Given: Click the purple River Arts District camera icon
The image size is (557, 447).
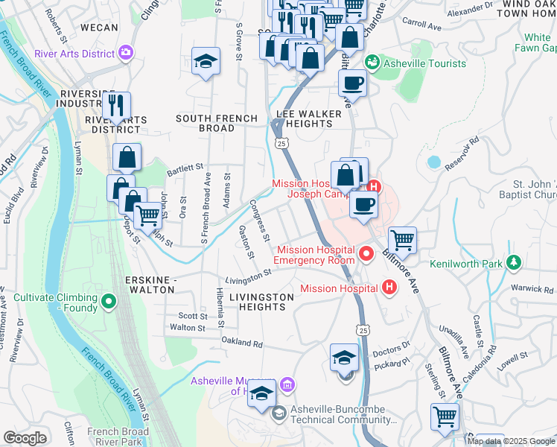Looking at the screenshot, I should click(x=126, y=52).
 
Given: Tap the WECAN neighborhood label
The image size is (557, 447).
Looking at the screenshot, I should click(x=99, y=28).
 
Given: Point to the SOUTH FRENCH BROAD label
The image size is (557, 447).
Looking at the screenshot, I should click(x=216, y=123).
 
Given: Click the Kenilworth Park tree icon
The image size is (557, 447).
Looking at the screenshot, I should click(x=513, y=262).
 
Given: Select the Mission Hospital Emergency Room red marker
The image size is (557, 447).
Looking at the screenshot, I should click(x=366, y=255).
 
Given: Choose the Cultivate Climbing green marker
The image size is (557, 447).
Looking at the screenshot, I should click(x=108, y=302).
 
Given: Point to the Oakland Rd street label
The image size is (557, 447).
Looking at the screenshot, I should click(x=243, y=343).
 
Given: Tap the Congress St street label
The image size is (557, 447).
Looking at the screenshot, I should click(x=260, y=221).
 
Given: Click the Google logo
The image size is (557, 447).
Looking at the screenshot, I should click(x=25, y=438).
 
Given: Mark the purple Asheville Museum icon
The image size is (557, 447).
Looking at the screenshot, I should click(x=289, y=384).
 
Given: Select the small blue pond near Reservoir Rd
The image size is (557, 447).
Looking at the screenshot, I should click(x=433, y=162).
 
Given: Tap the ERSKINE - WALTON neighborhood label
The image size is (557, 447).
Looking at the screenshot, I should click(x=153, y=284).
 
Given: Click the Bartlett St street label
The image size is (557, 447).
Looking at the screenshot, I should click(x=185, y=168).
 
